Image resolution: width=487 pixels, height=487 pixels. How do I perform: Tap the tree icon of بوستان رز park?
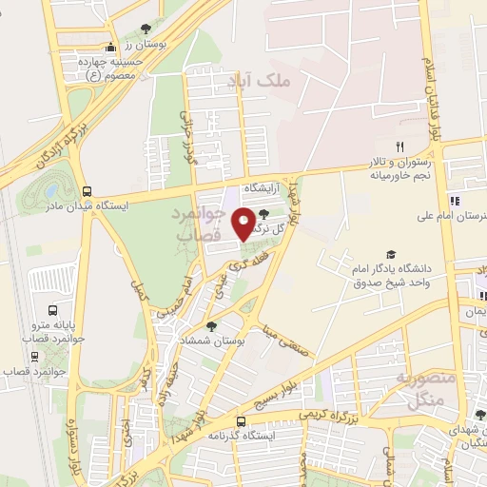point(145,29)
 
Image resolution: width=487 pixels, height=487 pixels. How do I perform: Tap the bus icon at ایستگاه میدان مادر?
point(88,189)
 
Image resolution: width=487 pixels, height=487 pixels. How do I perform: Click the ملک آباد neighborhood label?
point(248,84)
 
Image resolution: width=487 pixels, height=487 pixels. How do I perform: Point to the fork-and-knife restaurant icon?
point(400,146)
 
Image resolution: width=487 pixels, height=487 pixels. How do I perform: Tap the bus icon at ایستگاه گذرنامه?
point(241,421)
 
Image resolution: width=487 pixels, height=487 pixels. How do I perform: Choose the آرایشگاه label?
point(265,190)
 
